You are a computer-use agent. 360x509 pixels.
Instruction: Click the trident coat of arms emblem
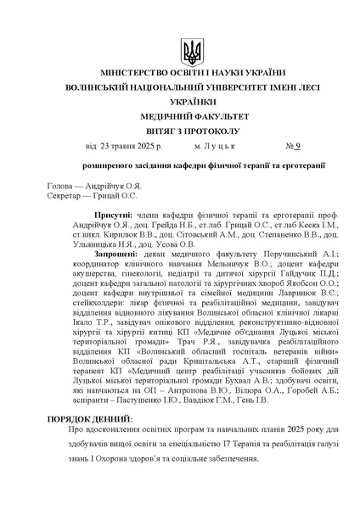[x=193, y=52]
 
